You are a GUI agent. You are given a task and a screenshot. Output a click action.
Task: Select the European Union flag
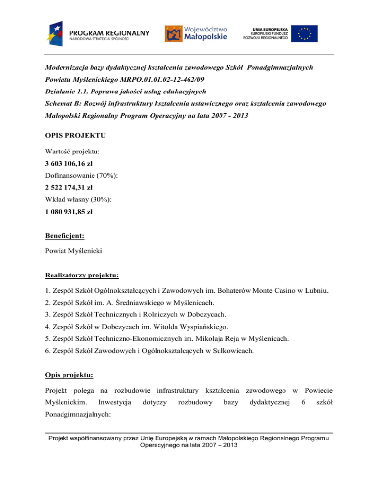[304, 33]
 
